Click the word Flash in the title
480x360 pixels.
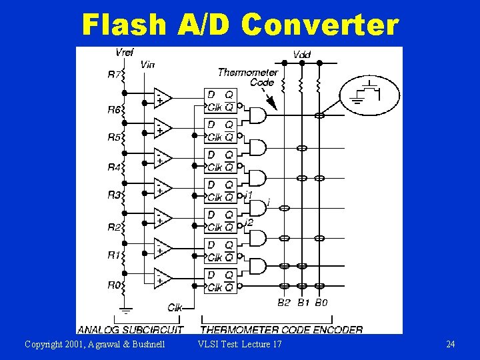coord(123,25)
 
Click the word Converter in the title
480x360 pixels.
coord(319,25)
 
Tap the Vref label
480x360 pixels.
coord(124,53)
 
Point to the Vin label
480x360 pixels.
coord(147,65)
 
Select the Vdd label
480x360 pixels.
coord(301,54)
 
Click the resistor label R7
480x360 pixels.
coord(114,75)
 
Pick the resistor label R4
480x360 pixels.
coord(114,167)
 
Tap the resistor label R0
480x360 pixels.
coord(114,285)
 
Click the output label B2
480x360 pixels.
coord(284,302)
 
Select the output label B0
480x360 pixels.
coord(321,302)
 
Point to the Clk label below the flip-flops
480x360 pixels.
coord(175,307)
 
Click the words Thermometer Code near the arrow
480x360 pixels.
coord(247,77)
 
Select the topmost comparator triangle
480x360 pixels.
coord(162,97)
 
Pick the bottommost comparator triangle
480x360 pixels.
coord(162,277)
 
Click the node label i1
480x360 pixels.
coord(248,194)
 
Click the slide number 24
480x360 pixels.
coord(451,344)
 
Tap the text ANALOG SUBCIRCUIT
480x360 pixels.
coord(131,329)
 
